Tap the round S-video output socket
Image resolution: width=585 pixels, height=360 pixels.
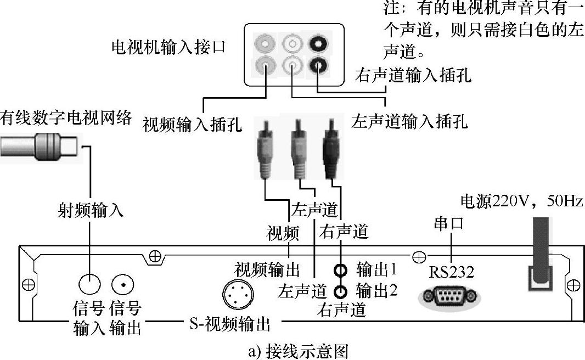[238, 294]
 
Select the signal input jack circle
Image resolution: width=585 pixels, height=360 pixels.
[89, 284]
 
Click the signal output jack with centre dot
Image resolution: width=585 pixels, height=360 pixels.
[122, 284]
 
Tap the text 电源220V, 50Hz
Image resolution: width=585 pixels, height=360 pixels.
[521, 201]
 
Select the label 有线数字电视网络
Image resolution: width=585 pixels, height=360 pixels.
[66, 117]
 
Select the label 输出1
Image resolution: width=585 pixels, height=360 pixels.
[376, 269]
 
